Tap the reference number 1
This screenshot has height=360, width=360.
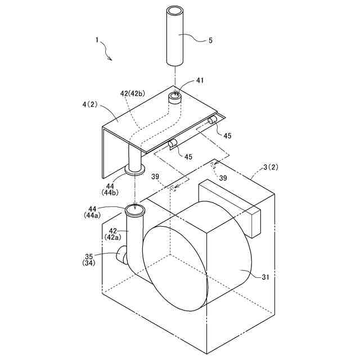(x=97, y=40)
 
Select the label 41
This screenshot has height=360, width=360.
(x=200, y=81)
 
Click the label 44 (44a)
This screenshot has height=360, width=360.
(x=92, y=212)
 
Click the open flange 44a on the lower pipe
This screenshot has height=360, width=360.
(x=135, y=211)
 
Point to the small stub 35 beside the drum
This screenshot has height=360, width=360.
(x=120, y=256)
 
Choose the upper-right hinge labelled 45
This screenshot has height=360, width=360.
(x=214, y=120)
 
